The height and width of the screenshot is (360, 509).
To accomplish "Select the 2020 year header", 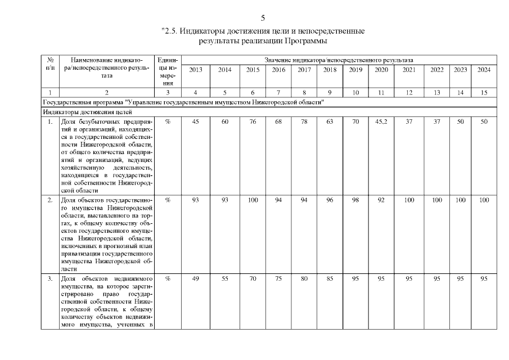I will (381, 70).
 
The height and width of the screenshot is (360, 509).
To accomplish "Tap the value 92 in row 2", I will (381, 200).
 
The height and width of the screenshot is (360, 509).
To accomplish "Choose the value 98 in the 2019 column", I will (355, 200).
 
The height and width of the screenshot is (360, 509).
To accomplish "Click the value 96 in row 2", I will (330, 200).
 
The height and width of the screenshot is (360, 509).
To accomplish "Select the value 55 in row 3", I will (224, 278).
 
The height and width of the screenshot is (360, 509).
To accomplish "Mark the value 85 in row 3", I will (330, 278).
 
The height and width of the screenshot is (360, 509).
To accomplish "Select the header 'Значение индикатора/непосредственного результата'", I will (339, 59).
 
